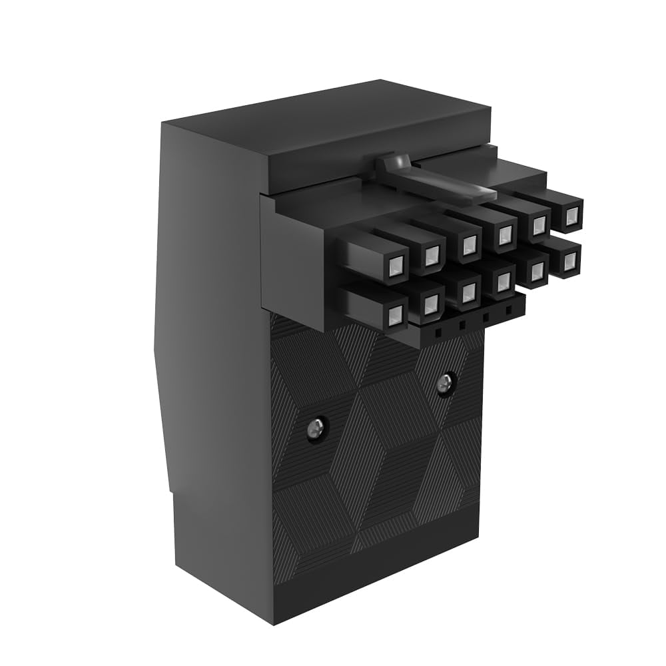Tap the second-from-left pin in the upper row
pyautogui.click(x=432, y=252)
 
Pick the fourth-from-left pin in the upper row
pyautogui.click(x=505, y=233)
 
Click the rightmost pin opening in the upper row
pyautogui.click(x=571, y=216)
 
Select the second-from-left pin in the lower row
pyautogui.click(x=431, y=304)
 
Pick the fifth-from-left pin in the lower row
pyautogui.click(x=537, y=270)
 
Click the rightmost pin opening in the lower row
pyautogui.click(x=569, y=262)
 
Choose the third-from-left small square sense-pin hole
pyautogui.click(x=486, y=318)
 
